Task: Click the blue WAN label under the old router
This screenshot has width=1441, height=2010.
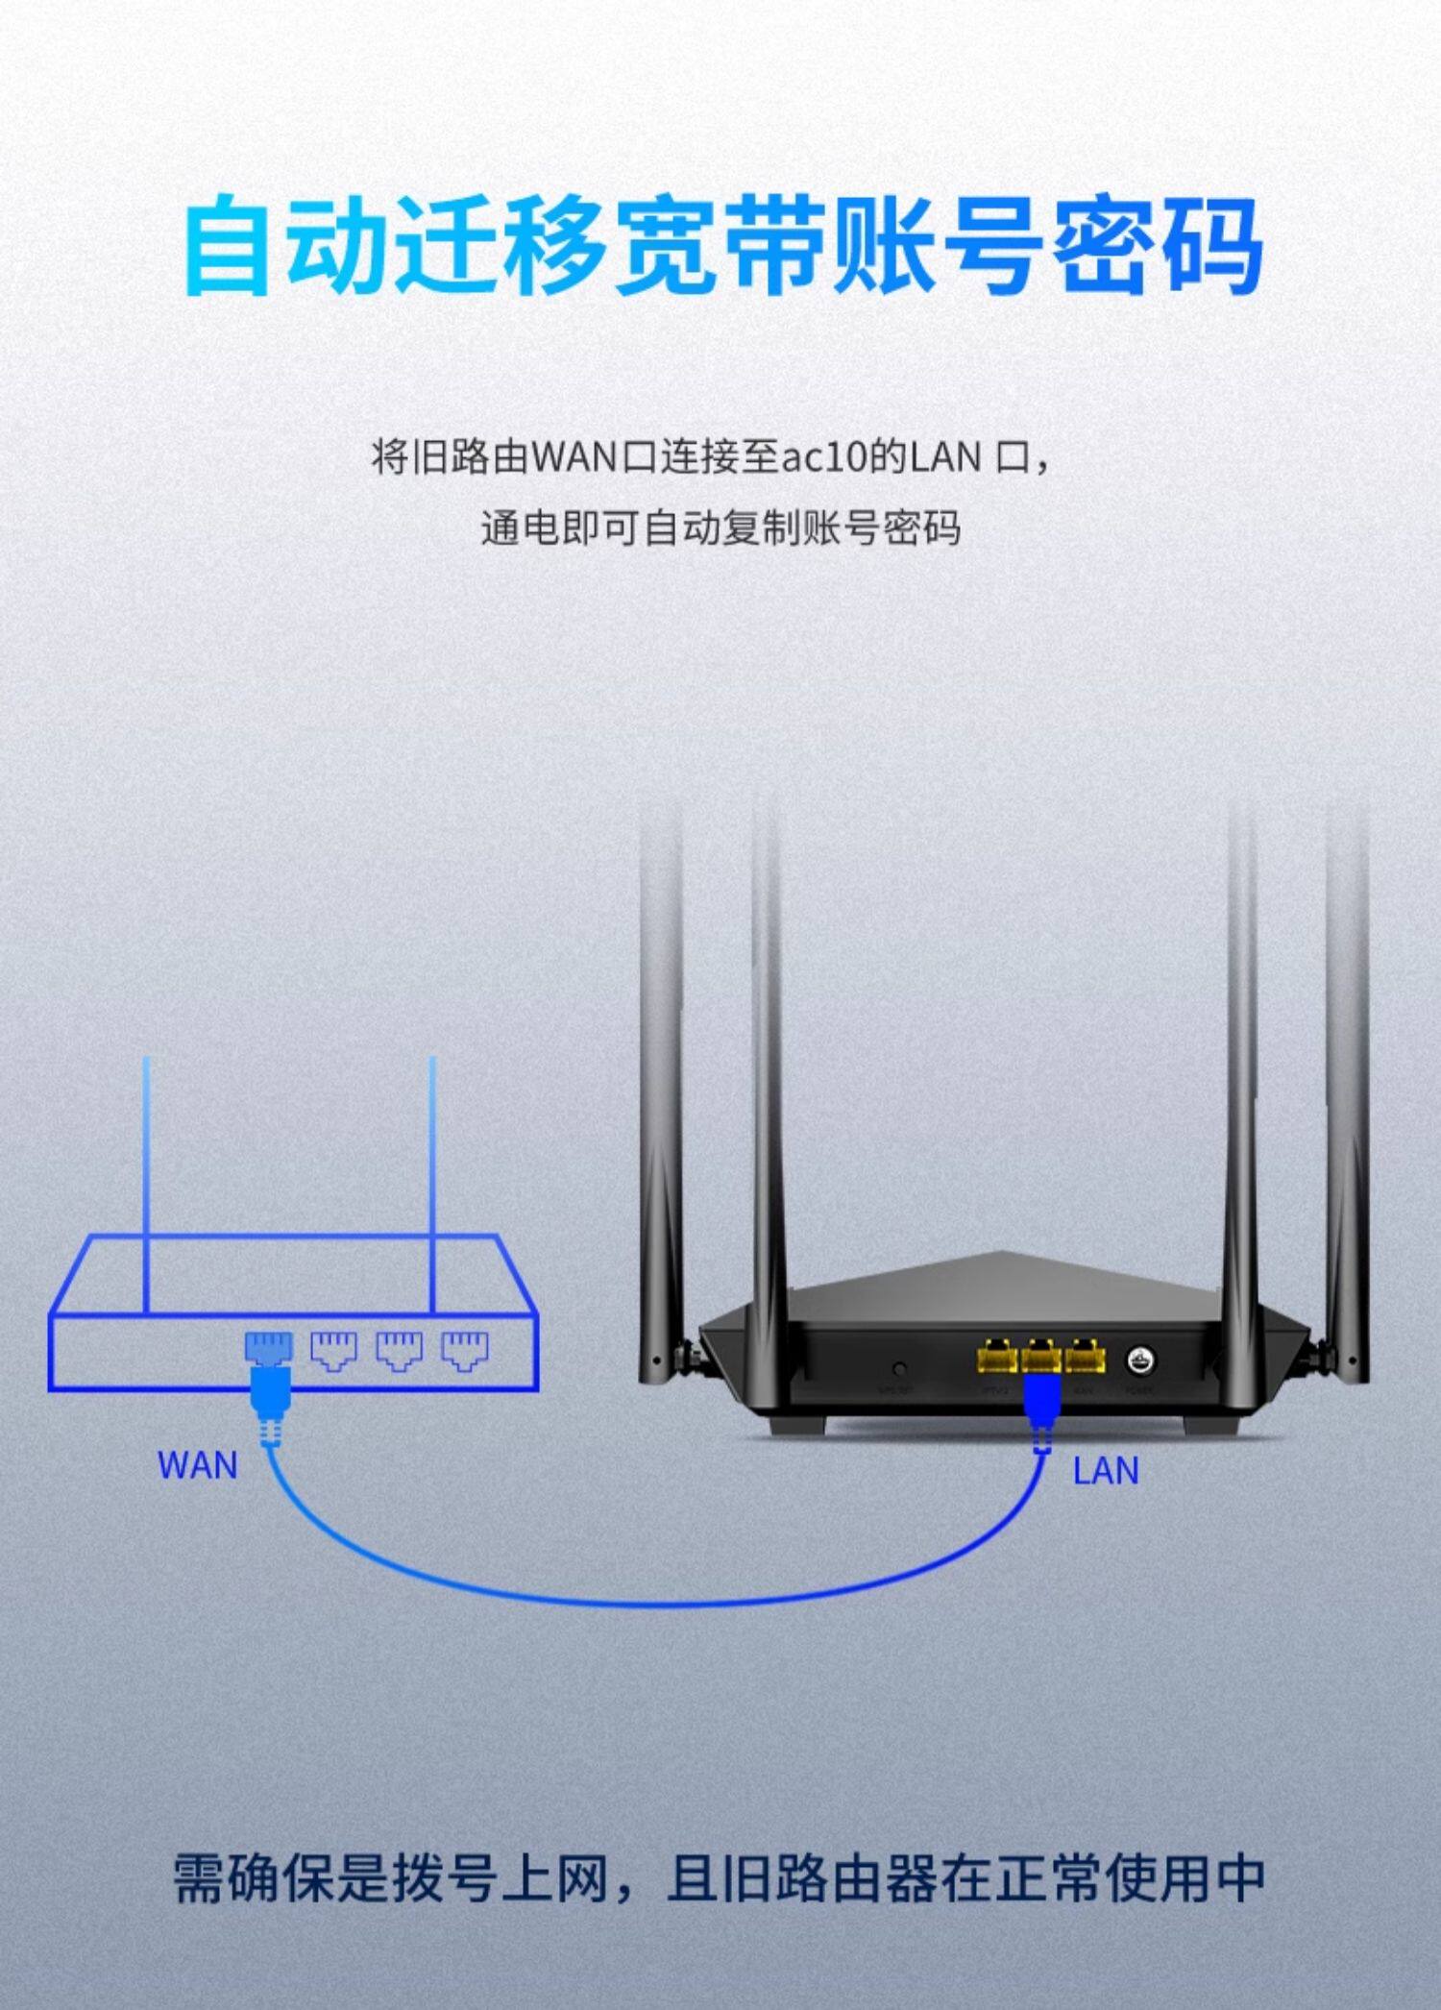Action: [197, 1465]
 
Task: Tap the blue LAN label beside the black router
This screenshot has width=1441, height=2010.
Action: [1105, 1471]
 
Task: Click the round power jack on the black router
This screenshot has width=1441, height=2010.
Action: [1141, 1360]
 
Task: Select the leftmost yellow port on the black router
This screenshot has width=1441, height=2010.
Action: [997, 1358]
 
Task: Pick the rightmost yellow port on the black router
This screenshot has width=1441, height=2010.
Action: [1085, 1358]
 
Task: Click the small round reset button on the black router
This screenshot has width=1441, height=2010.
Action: [899, 1367]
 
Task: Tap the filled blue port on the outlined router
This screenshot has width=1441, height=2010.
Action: [269, 1347]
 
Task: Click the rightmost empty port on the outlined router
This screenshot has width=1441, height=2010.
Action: [465, 1350]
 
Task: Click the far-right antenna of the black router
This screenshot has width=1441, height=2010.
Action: [1347, 1105]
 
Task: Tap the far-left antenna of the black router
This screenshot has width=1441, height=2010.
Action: [661, 1105]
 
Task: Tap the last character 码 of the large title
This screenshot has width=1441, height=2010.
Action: [1212, 245]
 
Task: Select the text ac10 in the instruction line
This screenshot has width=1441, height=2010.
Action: [824, 457]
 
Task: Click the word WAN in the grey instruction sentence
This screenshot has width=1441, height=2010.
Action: [574, 457]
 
